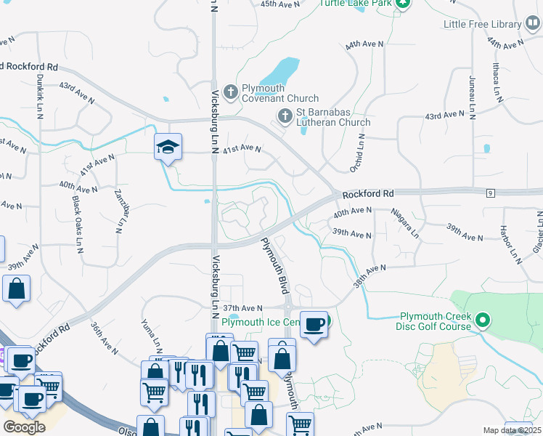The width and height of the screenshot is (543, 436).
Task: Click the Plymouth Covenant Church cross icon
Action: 231,92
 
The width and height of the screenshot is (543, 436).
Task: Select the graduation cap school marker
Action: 168,148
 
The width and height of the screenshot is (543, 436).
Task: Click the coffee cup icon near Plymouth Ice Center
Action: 314,324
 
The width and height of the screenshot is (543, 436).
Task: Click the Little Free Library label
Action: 483,24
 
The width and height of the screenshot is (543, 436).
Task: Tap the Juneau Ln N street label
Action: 473,96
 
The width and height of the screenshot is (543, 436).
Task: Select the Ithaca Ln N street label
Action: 498,83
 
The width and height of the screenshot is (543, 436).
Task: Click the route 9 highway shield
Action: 491,193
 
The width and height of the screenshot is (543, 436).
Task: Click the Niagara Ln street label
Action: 405,222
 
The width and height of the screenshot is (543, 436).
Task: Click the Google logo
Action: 24,427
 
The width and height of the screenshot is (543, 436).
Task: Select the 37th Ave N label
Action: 242,308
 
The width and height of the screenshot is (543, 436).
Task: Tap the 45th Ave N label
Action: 279,4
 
